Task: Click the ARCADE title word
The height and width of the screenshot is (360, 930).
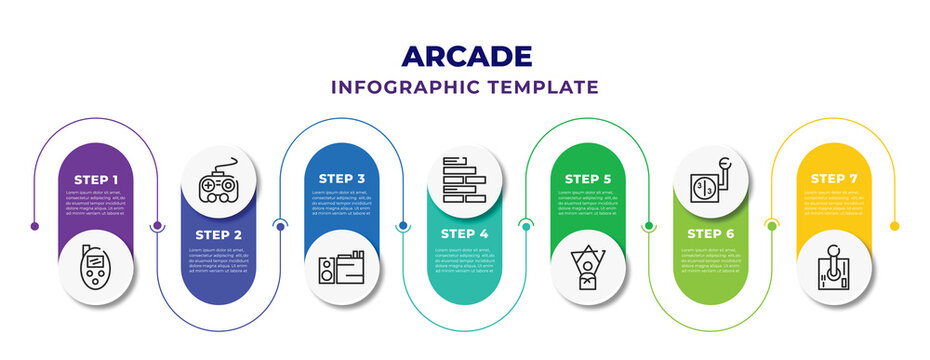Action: pyautogui.click(x=464, y=55)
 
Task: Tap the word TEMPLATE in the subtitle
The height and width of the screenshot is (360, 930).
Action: pyautogui.click(x=546, y=87)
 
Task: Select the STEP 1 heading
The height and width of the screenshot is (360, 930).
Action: pyautogui.click(x=96, y=179)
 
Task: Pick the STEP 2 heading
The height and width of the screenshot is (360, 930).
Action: pyautogui.click(x=219, y=234)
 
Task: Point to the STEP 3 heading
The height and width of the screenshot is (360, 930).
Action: pyautogui.click(x=343, y=179)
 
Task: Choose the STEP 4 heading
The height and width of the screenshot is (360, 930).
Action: pyautogui.click(x=465, y=234)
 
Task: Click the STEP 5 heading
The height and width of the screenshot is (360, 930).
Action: pyautogui.click(x=589, y=179)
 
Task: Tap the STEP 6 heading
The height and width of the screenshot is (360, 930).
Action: pyautogui.click(x=711, y=234)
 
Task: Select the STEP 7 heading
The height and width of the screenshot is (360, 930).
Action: pyautogui.click(x=834, y=179)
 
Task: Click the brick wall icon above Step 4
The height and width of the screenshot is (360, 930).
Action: pyautogui.click(x=465, y=179)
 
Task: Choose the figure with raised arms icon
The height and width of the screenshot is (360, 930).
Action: pyautogui.click(x=589, y=268)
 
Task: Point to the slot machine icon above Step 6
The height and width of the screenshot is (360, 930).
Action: pyautogui.click(x=711, y=179)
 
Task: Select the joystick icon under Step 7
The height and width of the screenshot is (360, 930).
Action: pyautogui.click(x=834, y=269)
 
